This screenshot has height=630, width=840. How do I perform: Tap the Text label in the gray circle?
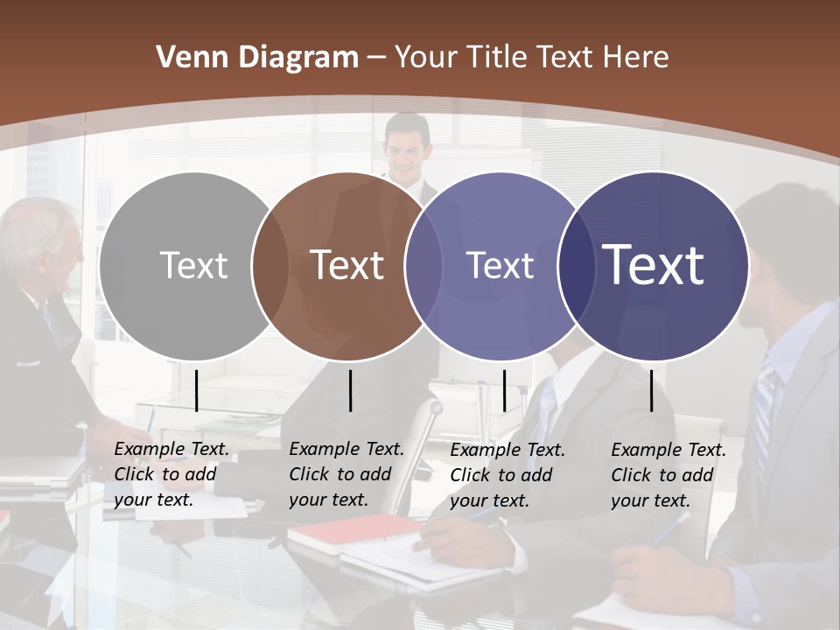pyautogui.click(x=193, y=265)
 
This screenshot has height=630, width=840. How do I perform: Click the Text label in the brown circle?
pyautogui.click(x=346, y=265)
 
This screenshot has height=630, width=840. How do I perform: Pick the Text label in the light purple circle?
pyautogui.click(x=500, y=265)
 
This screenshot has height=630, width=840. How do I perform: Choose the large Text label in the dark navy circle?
pyautogui.click(x=653, y=265)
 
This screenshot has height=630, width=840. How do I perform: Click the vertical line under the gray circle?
pyautogui.click(x=196, y=390)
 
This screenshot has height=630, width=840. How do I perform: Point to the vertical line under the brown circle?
pyautogui.click(x=350, y=390)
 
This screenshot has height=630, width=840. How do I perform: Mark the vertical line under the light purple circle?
pyautogui.click(x=504, y=390)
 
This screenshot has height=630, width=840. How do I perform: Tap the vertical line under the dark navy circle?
pyautogui.click(x=651, y=390)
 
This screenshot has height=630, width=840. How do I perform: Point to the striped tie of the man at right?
pyautogui.click(x=764, y=402)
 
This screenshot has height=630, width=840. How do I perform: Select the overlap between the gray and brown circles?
pyautogui.click(x=270, y=265)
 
